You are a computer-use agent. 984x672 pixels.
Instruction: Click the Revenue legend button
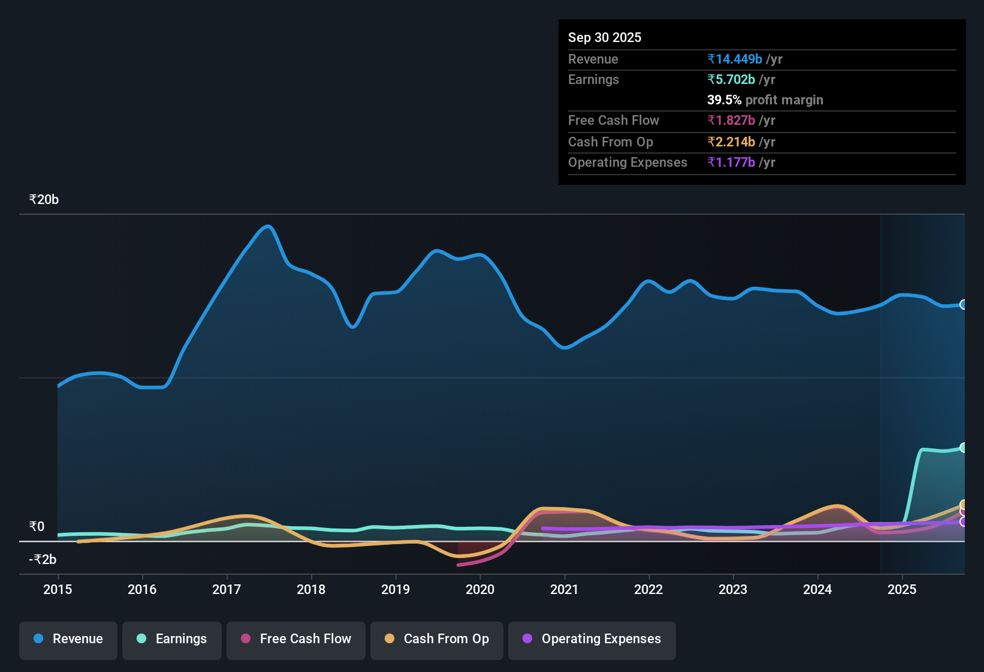(68, 639)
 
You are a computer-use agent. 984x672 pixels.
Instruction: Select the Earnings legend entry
(172, 639)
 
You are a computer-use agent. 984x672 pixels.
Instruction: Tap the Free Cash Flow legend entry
(296, 639)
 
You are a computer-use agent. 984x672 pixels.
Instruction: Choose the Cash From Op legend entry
(437, 639)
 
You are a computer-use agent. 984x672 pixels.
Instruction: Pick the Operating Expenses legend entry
(592, 639)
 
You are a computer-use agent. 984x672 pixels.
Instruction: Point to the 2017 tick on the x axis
(227, 589)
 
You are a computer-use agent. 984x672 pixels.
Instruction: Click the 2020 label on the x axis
(480, 589)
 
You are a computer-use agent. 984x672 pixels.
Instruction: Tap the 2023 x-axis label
(733, 589)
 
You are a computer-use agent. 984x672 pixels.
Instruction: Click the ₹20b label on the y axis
(44, 200)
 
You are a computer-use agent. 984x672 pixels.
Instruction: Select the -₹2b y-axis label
(43, 560)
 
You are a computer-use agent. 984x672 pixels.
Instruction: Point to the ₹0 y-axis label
(37, 527)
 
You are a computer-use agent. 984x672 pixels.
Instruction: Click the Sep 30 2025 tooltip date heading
(605, 38)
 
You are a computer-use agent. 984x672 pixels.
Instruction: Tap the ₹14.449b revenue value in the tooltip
(735, 59)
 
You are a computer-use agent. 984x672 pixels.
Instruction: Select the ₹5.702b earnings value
(731, 80)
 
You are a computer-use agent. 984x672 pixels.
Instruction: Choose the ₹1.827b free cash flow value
(731, 121)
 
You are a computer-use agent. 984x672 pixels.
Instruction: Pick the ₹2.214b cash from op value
(731, 142)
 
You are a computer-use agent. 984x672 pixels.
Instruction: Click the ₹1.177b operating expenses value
(731, 163)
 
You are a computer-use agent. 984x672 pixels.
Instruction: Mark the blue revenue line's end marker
(964, 305)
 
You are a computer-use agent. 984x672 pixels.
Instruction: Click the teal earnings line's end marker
(964, 448)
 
